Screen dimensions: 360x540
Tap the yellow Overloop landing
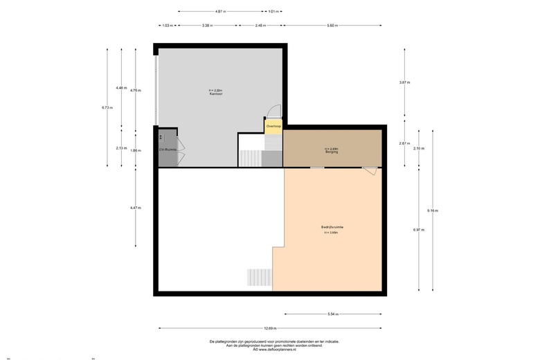tap(273, 127)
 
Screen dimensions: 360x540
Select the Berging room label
tap(332, 151)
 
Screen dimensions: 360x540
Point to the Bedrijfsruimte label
tap(332, 228)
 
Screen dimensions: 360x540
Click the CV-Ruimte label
tap(168, 149)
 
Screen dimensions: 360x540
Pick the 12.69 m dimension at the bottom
tap(269, 328)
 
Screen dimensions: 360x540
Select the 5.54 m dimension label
tap(333, 314)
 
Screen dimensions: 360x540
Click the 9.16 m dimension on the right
tap(433, 210)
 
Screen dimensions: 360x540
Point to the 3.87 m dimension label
tap(404, 82)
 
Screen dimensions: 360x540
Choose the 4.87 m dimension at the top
tap(220, 12)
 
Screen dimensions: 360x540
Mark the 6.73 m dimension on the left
tap(107, 108)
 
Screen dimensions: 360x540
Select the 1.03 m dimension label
tap(166, 26)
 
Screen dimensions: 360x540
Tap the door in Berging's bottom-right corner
tap(370, 171)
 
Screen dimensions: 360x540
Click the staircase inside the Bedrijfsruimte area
tap(260, 277)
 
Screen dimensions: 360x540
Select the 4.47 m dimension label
tap(135, 208)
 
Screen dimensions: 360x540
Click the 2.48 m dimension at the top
tap(260, 26)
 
